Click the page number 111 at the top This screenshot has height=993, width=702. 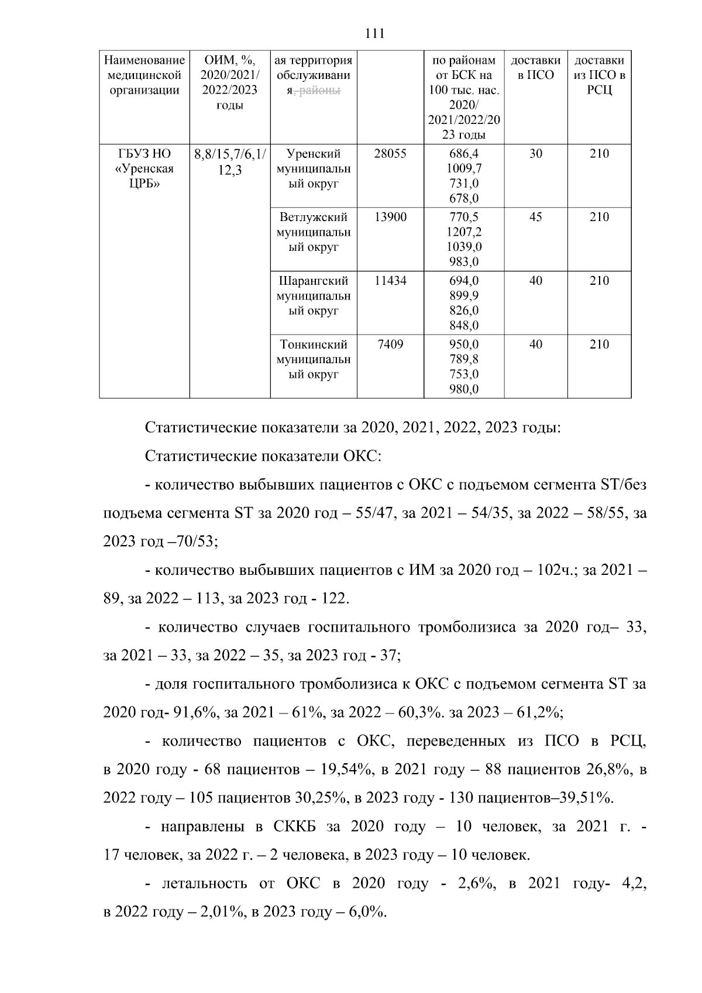374,34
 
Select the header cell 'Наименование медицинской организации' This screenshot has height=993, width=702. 144,75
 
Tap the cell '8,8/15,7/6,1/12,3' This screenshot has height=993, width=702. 229,162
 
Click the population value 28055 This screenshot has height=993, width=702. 390,154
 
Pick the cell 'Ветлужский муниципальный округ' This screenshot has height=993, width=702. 314,232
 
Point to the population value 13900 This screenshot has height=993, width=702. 390,217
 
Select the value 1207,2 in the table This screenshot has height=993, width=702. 464,232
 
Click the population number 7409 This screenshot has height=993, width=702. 390,344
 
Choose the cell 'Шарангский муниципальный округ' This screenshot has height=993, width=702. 314,296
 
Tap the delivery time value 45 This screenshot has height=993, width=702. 535,217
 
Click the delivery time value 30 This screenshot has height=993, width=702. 535,154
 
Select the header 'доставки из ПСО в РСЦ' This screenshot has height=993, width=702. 599,75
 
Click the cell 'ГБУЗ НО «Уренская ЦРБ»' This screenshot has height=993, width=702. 144,168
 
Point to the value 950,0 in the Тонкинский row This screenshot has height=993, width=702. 464,344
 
